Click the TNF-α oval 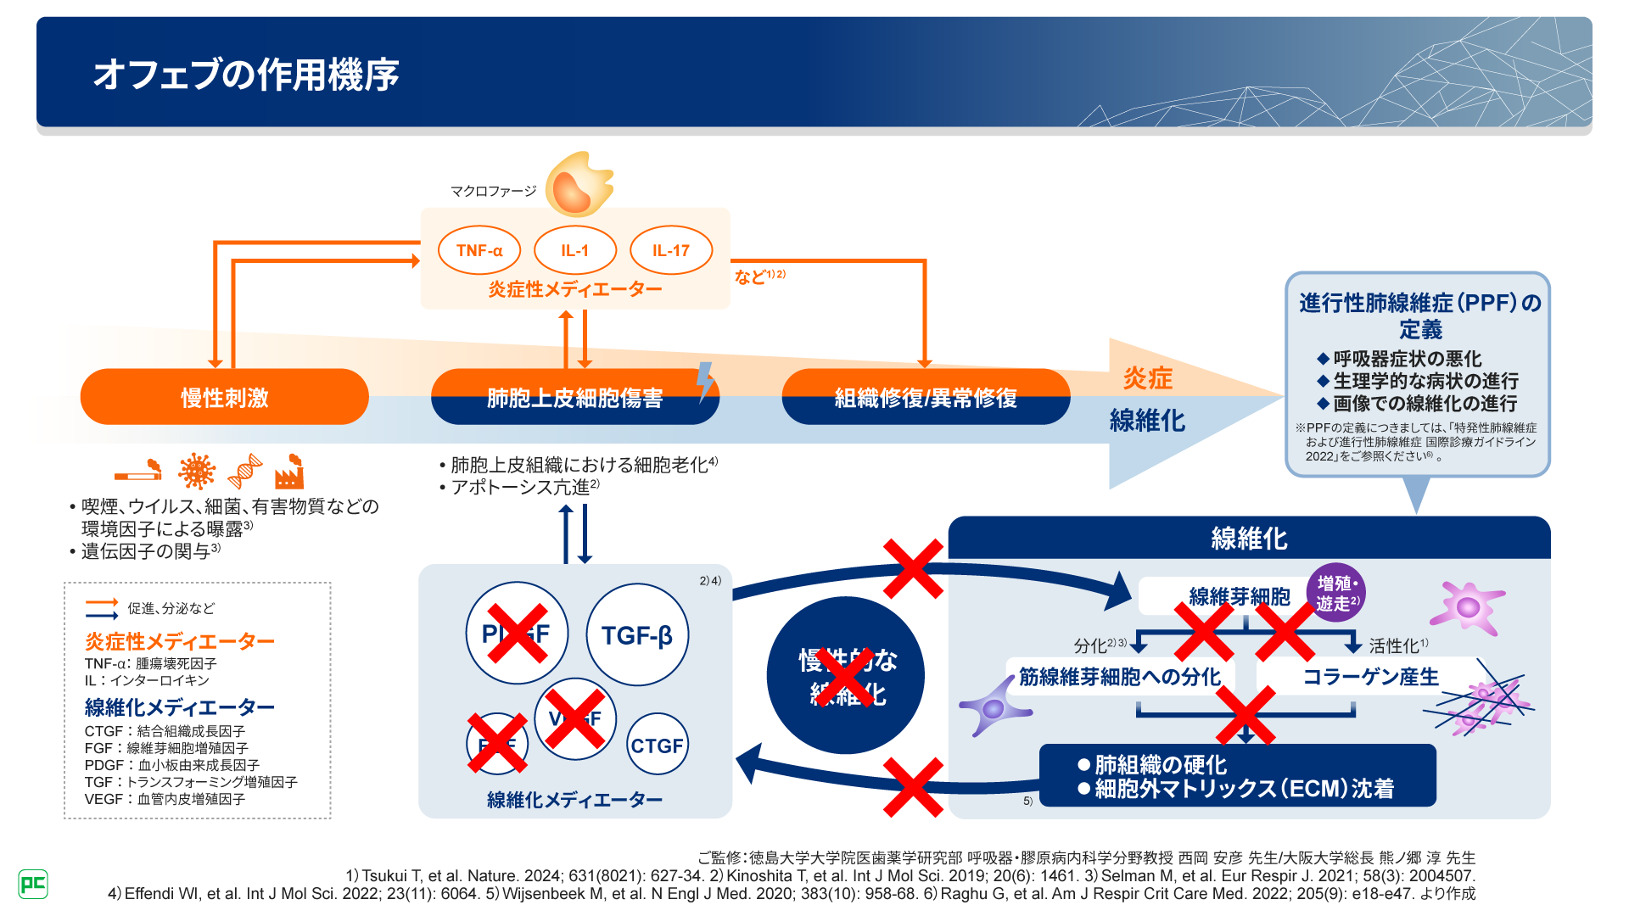coord(479,250)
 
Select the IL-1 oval coord(574,250)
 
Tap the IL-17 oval coord(671,250)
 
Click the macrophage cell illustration coord(579,185)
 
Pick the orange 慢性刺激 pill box coord(224,397)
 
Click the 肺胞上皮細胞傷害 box coord(574,397)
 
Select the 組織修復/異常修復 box coord(925,397)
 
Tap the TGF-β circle coord(637,634)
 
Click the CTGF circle coord(657,745)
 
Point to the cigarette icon coord(138,470)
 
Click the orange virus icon coord(197,471)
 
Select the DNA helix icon coord(244,471)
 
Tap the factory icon coord(289,471)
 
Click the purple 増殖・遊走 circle coord(1336,593)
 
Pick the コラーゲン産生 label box coord(1370,677)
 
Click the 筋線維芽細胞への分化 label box coord(1119,677)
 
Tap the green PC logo coord(33,885)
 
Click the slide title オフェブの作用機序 coord(246,75)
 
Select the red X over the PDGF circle coord(517,633)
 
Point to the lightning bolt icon coord(704,382)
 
